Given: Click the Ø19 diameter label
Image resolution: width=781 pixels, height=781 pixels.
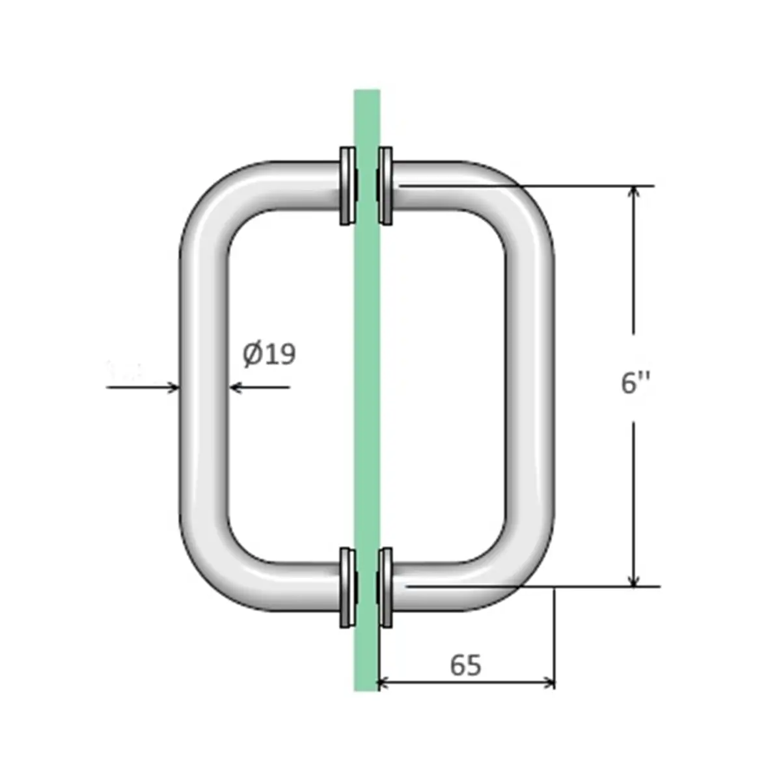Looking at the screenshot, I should (x=269, y=355).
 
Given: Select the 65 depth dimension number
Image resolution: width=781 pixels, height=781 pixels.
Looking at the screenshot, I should (x=465, y=665).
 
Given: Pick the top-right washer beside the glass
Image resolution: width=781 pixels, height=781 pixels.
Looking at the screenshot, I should (x=385, y=186).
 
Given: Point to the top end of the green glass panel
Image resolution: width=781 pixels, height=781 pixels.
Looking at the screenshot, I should (x=366, y=94).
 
